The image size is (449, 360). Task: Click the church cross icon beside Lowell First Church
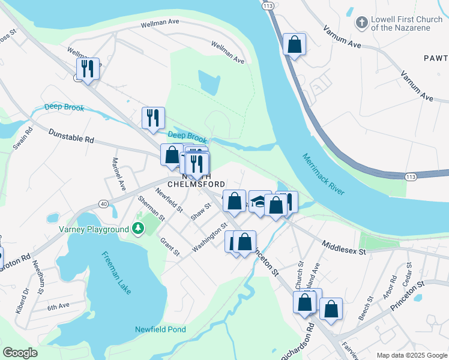tap(361, 23)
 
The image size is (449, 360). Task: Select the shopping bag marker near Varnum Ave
tap(294, 44)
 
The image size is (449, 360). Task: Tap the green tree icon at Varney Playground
tap(138, 229)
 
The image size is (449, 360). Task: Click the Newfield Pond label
tap(160, 329)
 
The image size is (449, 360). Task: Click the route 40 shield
tap(104, 204)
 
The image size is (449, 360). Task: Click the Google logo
tap(20, 353)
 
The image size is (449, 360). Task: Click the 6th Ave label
tap(59, 307)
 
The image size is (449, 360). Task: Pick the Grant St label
tap(169, 247)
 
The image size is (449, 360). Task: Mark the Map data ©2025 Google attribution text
tap(412, 355)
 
